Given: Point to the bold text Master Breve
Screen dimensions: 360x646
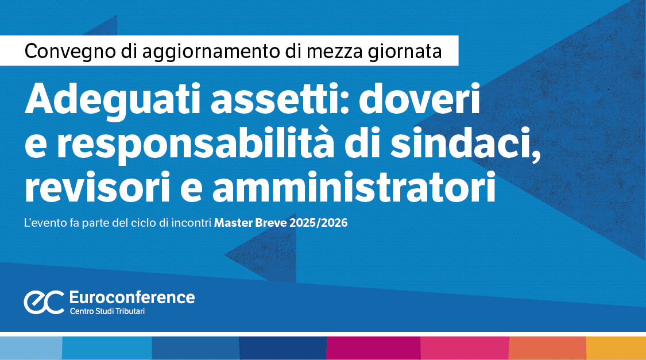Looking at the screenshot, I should (x=250, y=223).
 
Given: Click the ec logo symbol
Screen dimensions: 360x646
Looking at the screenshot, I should (x=44, y=302).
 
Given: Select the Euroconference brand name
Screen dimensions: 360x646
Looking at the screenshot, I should (x=131, y=297).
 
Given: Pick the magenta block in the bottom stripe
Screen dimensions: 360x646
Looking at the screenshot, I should (x=373, y=348).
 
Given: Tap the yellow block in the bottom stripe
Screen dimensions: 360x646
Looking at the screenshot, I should (x=616, y=348).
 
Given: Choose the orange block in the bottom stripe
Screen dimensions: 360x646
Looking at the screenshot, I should (x=547, y=348).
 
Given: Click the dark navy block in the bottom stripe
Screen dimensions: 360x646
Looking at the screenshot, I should (x=283, y=348).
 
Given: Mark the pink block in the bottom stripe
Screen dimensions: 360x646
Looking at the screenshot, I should (x=465, y=348).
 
